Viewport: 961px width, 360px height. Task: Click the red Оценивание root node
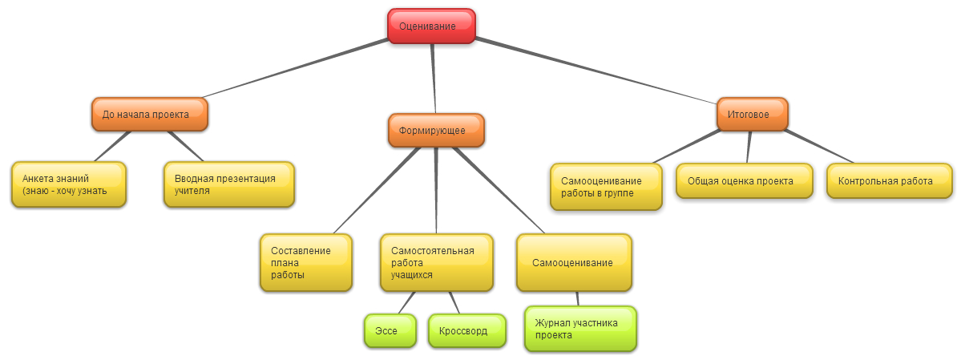coord(431,25)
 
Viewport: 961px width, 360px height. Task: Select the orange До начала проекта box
coord(150,114)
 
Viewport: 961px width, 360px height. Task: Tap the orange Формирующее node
coord(437,130)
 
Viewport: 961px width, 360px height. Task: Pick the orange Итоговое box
coord(752,114)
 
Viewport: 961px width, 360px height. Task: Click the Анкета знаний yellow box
coord(69,184)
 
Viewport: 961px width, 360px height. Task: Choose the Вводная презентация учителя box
coord(229,184)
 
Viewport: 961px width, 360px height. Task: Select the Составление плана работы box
coord(306,262)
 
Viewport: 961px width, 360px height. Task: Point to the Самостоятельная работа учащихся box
coord(436,262)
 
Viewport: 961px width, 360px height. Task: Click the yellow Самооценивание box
coord(574,262)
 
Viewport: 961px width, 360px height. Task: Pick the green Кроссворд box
coord(467,330)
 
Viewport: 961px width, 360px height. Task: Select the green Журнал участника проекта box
coord(580,329)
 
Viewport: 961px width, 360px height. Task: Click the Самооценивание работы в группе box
coord(606,187)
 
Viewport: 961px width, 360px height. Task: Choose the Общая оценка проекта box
coord(740,180)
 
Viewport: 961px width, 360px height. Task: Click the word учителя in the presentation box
coord(192,192)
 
